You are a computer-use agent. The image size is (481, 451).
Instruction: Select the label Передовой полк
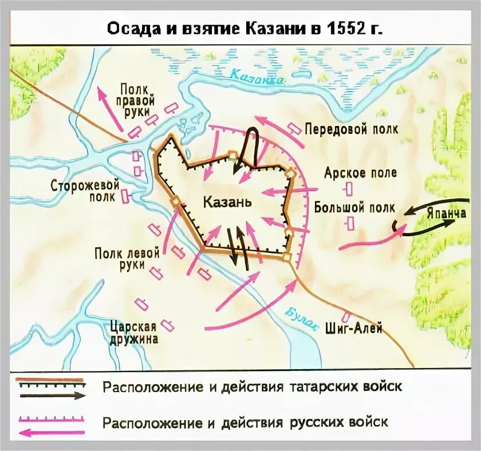[x=351, y=129]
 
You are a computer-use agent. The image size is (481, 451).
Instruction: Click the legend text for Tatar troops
[x=252, y=386]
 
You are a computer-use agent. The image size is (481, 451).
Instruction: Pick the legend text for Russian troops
[x=246, y=422]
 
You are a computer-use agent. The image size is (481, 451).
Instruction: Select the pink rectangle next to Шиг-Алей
[x=345, y=317]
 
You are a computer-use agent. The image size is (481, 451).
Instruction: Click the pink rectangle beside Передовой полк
[x=294, y=128]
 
